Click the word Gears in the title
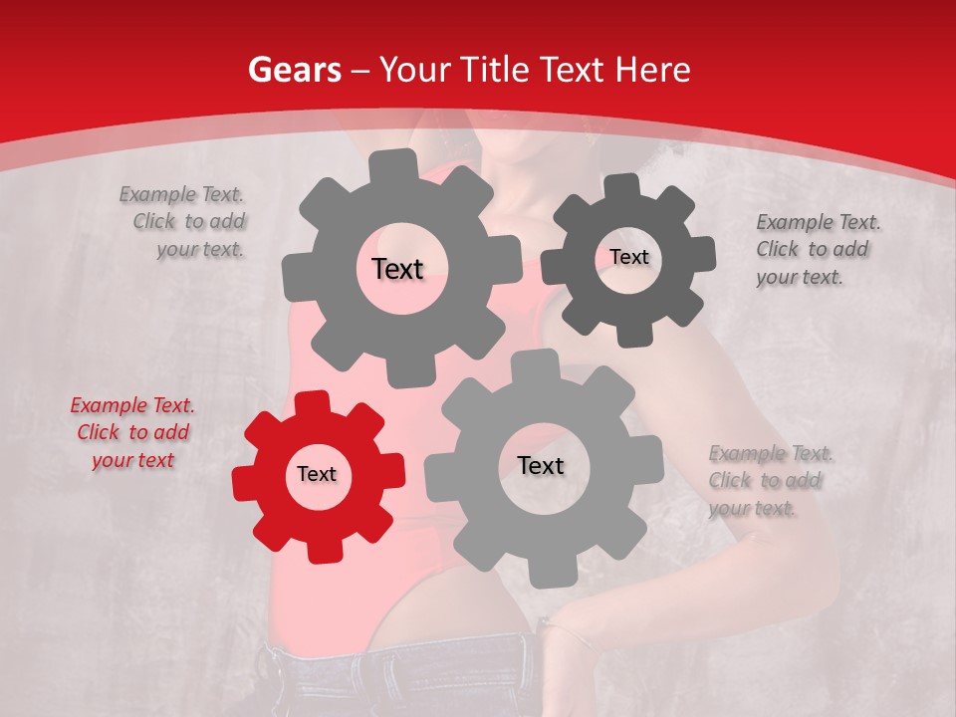(294, 70)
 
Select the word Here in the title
(653, 70)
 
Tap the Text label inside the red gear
(317, 474)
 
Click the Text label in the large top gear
(397, 268)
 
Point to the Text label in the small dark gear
(628, 257)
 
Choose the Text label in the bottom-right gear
(541, 465)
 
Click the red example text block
(132, 433)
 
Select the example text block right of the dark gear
(817, 249)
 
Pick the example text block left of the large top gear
(186, 221)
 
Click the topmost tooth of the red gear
(313, 402)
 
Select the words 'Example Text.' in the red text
(132, 405)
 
